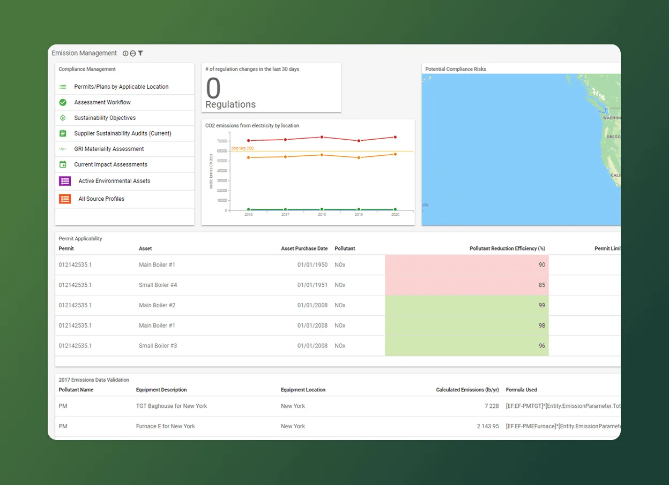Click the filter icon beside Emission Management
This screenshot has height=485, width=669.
click(140, 54)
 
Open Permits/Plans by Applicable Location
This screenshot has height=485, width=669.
click(121, 87)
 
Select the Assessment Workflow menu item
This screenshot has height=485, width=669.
click(102, 102)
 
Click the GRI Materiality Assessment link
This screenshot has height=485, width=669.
click(109, 149)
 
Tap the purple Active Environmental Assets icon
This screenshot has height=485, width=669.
click(65, 181)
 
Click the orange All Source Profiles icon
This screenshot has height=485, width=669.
click(65, 199)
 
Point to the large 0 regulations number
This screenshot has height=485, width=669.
click(213, 88)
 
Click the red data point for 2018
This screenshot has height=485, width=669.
click(322, 137)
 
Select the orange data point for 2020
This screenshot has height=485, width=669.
click(395, 154)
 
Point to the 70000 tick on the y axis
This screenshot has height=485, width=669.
click(221, 141)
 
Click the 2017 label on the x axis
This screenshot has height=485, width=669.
click(285, 214)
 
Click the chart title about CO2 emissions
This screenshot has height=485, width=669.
click(252, 126)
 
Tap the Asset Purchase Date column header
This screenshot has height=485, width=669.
click(304, 248)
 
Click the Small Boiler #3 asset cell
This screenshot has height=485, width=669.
click(158, 346)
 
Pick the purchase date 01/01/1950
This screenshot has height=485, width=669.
click(312, 265)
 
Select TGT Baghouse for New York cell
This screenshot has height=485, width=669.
click(172, 406)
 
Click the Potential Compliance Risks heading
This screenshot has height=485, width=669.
click(456, 69)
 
